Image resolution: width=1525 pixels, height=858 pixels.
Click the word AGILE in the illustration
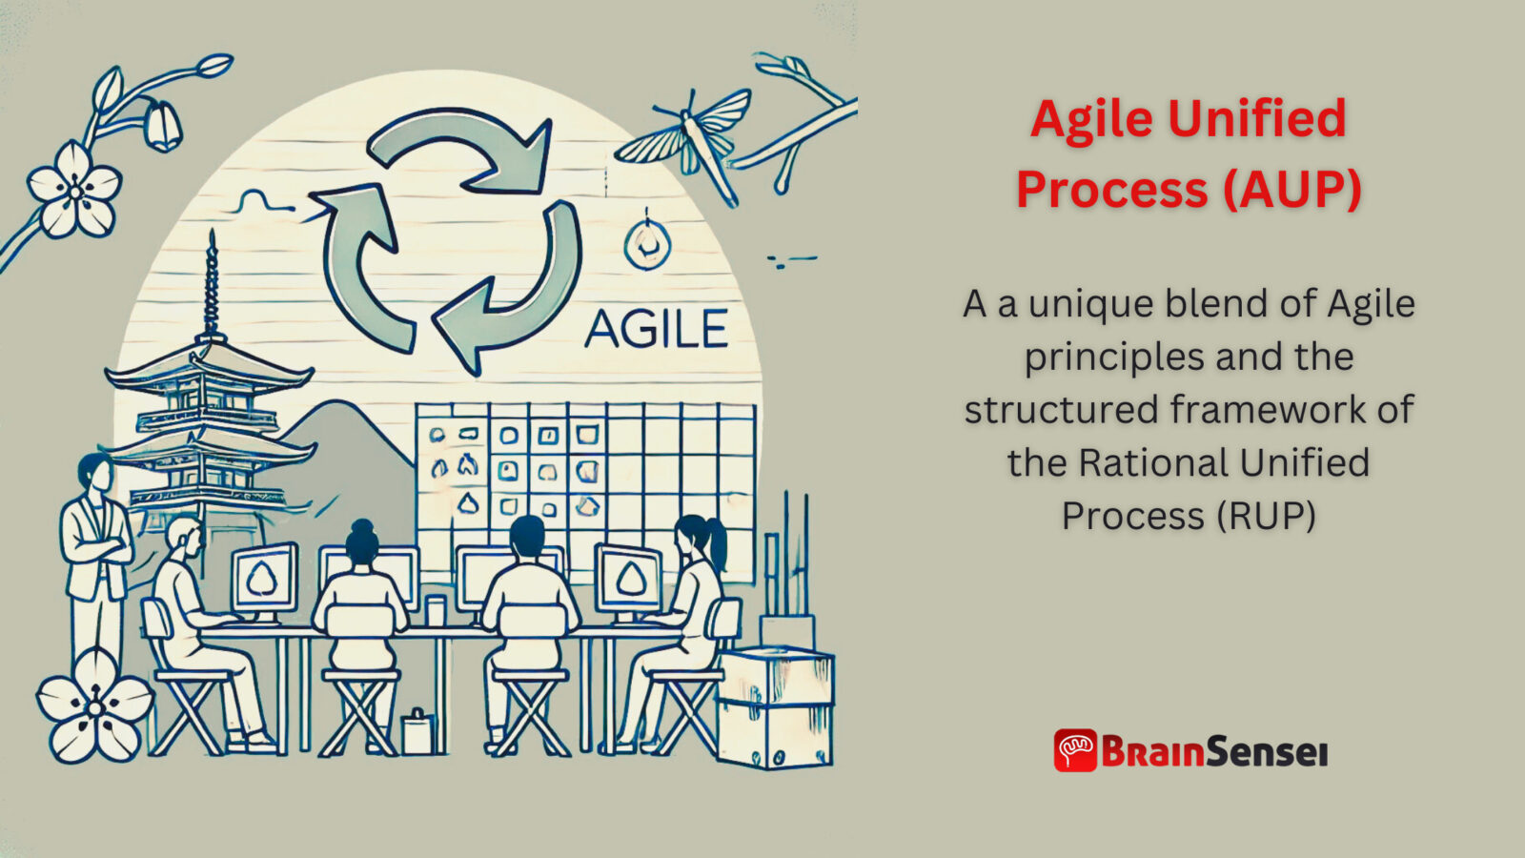656,330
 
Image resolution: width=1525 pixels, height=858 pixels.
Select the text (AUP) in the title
1292,189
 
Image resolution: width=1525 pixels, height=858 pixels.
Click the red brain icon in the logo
1075,750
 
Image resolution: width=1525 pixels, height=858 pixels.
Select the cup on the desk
436,610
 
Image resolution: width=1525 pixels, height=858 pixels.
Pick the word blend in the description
1215,304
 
